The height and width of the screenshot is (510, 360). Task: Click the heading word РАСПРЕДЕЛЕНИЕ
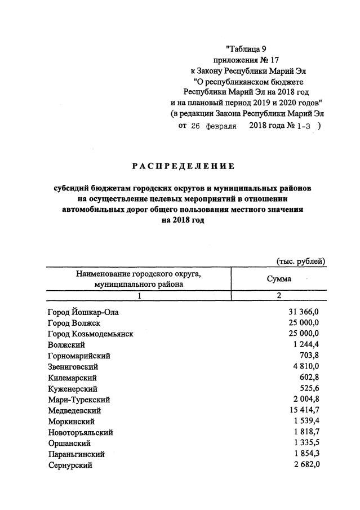(183, 166)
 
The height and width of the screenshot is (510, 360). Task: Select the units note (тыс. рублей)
(300, 261)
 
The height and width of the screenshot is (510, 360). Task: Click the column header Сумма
(278, 279)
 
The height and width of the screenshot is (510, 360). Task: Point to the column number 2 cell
(278, 296)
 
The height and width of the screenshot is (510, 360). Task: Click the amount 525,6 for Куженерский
(309, 389)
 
